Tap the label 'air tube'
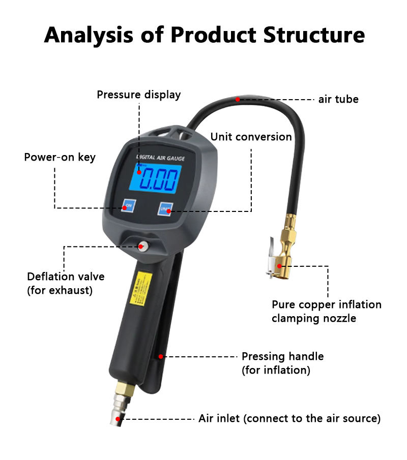coord(338,99)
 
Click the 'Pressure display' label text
coord(139,95)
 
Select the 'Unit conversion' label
coord(251,137)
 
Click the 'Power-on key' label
coord(60,157)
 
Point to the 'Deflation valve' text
coord(66,277)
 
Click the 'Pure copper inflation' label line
coord(326,304)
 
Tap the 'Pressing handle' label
coord(282,356)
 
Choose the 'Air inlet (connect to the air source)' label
coord(289,419)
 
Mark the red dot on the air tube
coord(238,99)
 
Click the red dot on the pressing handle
coord(161,357)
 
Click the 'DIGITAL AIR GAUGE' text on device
coord(160,159)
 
